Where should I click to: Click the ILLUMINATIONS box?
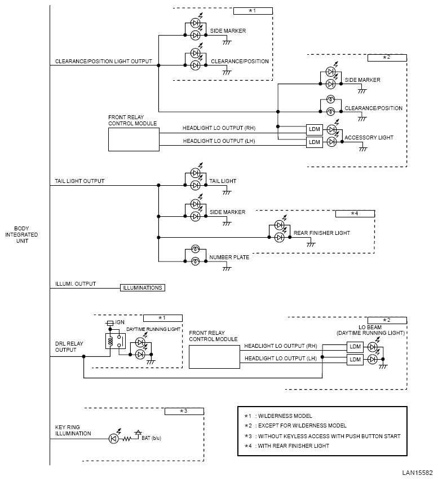[143, 288]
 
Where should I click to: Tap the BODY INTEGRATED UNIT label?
[21, 235]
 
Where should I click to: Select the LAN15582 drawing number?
[417, 473]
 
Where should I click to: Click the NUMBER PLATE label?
[229, 258]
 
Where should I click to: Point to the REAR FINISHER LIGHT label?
[321, 233]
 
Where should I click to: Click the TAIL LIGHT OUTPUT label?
[79, 181]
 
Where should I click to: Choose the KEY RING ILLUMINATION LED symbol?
[114, 439]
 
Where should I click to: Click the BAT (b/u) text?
[151, 438]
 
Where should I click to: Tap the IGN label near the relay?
[120, 322]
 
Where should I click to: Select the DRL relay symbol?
[115, 341]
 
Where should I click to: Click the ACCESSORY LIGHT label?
[369, 138]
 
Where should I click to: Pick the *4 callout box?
[355, 213]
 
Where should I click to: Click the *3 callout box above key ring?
[184, 412]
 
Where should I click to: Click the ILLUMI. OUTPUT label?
[76, 284]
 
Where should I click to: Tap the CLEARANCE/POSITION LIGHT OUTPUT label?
[103, 62]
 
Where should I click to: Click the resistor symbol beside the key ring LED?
[126, 439]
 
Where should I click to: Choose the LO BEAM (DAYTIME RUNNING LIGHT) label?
[370, 330]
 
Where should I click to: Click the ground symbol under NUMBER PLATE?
[227, 268]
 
